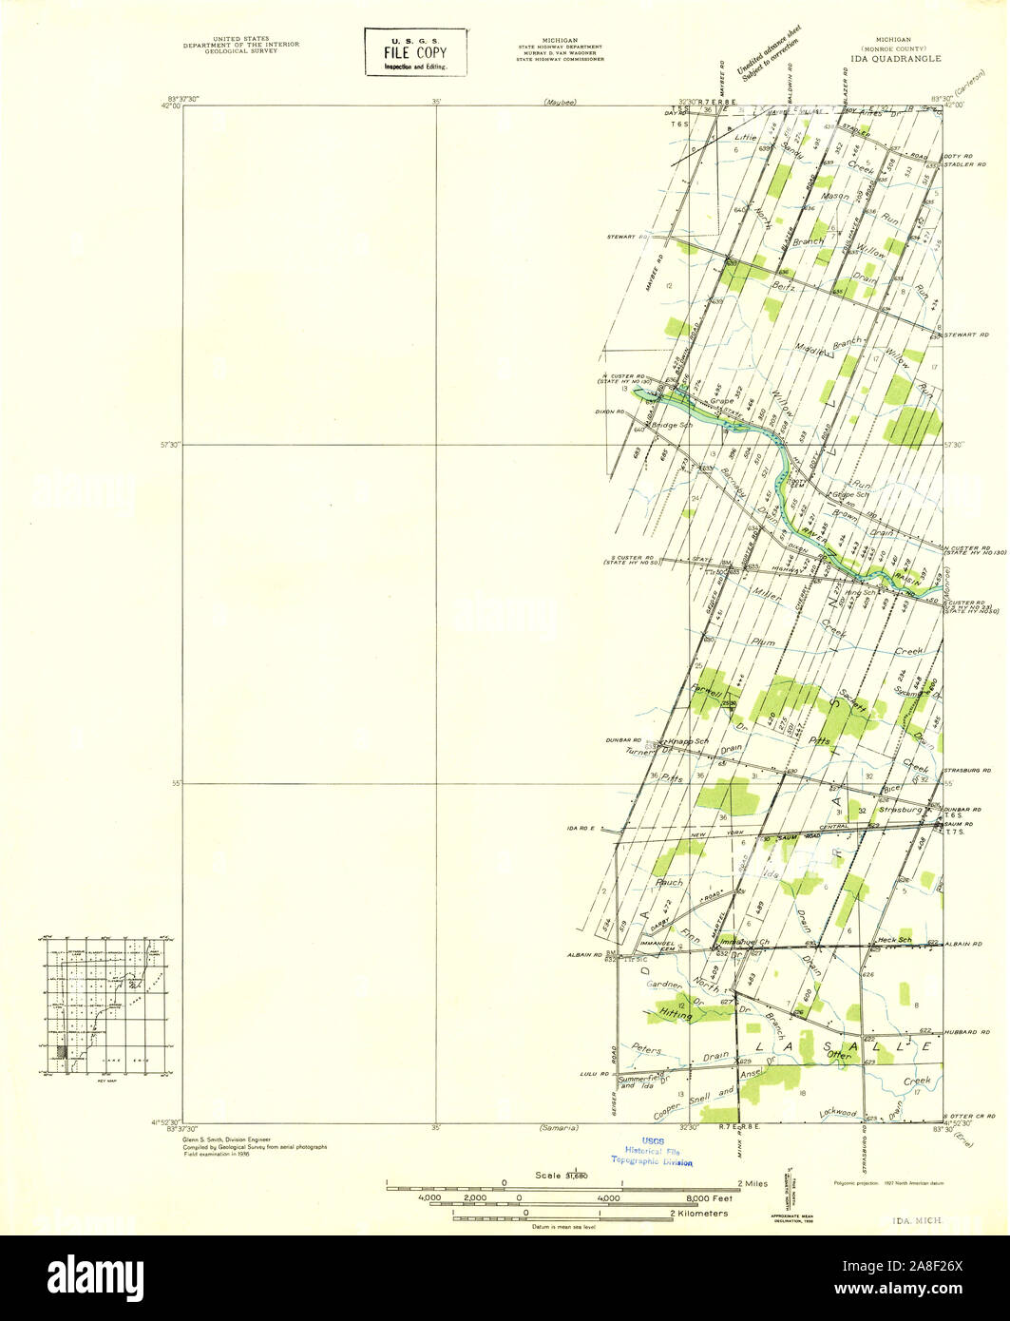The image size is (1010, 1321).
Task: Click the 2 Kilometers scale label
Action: coord(700,1214)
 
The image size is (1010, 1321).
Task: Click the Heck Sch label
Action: coord(894,939)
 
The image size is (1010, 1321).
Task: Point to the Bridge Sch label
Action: coord(674,425)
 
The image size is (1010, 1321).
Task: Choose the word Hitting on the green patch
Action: coord(671,1015)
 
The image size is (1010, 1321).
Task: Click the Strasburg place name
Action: coord(901,810)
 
